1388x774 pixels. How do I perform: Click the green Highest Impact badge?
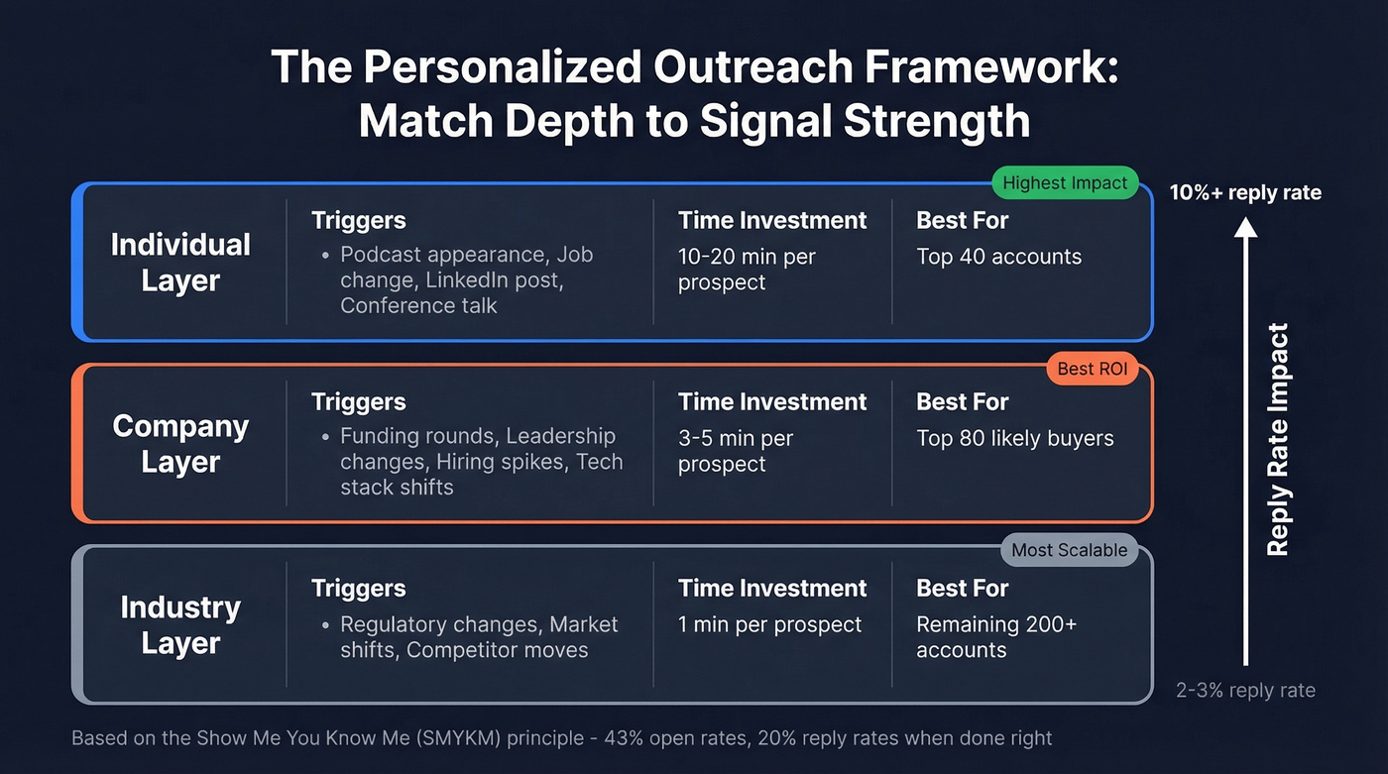pyautogui.click(x=1065, y=182)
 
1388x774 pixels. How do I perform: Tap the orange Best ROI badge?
pyautogui.click(x=1092, y=369)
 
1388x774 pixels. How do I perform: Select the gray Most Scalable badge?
pyautogui.click(x=1069, y=550)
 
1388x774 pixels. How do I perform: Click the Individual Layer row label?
pyautogui.click(x=180, y=263)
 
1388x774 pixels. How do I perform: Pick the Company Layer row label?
pyautogui.click(x=180, y=444)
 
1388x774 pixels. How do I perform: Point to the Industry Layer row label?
pyautogui.click(x=180, y=625)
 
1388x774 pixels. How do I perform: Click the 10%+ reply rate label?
pyautogui.click(x=1245, y=192)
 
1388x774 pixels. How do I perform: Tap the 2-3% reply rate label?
pyautogui.click(x=1245, y=691)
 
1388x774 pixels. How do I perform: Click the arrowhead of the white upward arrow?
pyautogui.click(x=1245, y=228)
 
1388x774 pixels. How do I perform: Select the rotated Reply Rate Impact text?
pyautogui.click(x=1279, y=439)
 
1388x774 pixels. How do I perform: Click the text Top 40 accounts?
pyautogui.click(x=998, y=257)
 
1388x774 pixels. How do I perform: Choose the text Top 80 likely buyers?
pyautogui.click(x=1014, y=438)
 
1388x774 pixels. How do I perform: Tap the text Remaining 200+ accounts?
pyautogui.click(x=995, y=637)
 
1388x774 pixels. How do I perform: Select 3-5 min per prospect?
pyautogui.click(x=735, y=451)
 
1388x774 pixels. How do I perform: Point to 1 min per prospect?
pyautogui.click(x=769, y=624)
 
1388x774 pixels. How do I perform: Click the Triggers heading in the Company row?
pyautogui.click(x=358, y=401)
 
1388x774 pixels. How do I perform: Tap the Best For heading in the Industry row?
pyautogui.click(x=962, y=588)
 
